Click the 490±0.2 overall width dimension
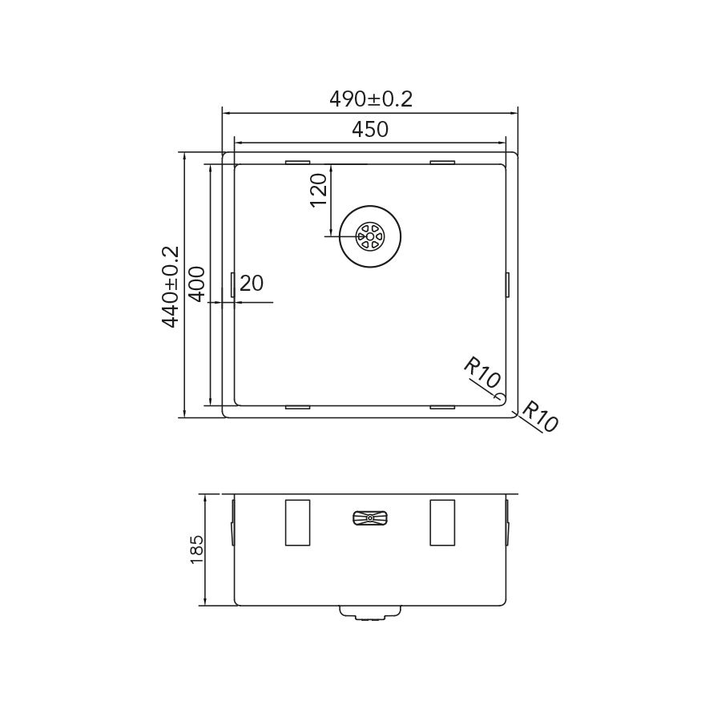[x=371, y=99]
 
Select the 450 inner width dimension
[x=370, y=129]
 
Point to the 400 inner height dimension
[x=197, y=284]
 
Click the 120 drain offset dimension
[x=319, y=191]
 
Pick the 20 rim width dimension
[x=252, y=284]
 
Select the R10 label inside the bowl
[x=481, y=373]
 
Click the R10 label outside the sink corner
[x=541, y=417]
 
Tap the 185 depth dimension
[x=196, y=550]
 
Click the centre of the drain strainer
[x=370, y=236]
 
